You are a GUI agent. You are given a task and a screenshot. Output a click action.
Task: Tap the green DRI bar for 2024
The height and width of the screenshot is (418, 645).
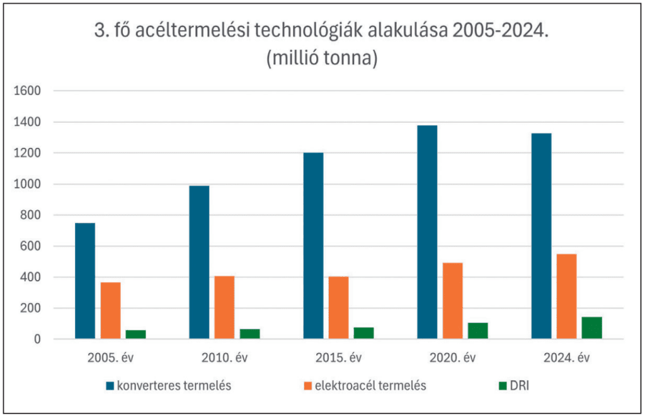pyautogui.click(x=592, y=328)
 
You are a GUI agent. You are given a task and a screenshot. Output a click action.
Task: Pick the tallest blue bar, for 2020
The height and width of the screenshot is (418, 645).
pyautogui.click(x=427, y=232)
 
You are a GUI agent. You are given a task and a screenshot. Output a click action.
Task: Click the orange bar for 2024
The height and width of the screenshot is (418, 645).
pyautogui.click(x=566, y=297)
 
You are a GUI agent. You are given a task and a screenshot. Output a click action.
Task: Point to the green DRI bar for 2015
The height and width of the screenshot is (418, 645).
pyautogui.click(x=363, y=333)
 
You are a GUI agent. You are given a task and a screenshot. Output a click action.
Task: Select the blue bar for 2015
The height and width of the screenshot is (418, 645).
pyautogui.click(x=313, y=246)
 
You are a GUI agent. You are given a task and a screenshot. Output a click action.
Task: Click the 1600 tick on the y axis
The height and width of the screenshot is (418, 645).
pyautogui.click(x=27, y=91)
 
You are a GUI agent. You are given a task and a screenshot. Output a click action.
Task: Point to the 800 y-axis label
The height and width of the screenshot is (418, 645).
pyautogui.click(x=30, y=215)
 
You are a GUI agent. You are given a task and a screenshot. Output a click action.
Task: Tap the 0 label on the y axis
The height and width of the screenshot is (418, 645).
pyautogui.click(x=38, y=339)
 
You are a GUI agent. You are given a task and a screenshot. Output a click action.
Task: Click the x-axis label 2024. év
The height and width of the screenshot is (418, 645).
pyautogui.click(x=566, y=359)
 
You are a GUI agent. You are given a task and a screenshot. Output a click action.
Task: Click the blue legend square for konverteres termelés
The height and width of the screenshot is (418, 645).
pyautogui.click(x=110, y=386)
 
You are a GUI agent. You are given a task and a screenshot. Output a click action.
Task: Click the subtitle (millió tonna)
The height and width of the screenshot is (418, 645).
pyautogui.click(x=322, y=59)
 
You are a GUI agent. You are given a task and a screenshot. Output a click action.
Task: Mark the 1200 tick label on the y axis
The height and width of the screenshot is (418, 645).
pyautogui.click(x=27, y=153)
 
